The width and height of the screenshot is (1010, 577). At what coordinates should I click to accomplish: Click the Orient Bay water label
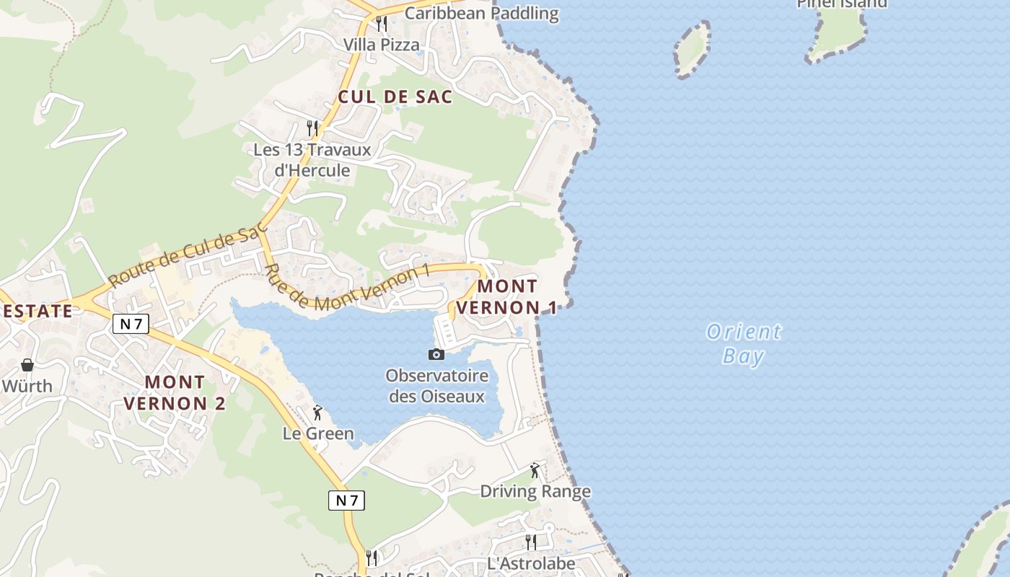[743, 343]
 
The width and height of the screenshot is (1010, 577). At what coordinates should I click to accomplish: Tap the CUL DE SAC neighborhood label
[395, 97]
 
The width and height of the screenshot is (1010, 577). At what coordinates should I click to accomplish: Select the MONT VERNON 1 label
[507, 296]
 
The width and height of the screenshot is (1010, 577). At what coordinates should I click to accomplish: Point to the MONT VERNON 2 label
[175, 392]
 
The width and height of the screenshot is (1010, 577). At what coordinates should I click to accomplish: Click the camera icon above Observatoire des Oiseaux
[436, 354]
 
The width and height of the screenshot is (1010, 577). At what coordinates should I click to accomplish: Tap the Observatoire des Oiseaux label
[436, 386]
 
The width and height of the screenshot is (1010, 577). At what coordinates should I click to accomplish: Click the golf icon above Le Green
[317, 413]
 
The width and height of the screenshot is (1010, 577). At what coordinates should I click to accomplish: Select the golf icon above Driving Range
[535, 470]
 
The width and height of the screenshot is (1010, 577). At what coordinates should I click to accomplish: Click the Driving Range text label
[535, 492]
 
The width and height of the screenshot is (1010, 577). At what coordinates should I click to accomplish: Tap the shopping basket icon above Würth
[27, 365]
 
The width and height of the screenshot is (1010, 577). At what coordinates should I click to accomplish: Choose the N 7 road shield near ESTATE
[131, 324]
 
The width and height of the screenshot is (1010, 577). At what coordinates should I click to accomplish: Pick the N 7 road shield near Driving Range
[346, 500]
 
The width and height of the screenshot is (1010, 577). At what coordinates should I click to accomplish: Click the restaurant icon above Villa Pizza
[381, 24]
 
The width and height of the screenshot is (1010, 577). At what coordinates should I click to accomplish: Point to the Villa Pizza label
[381, 45]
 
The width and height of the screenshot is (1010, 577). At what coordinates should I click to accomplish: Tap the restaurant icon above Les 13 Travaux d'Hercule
[312, 128]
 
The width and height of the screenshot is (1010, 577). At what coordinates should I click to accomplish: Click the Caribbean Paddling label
[481, 13]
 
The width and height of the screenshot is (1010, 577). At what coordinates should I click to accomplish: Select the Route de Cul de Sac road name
[187, 257]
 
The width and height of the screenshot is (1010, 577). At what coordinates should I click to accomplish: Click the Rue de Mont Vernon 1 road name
[347, 288]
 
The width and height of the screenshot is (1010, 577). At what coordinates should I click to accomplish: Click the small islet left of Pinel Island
[692, 48]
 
